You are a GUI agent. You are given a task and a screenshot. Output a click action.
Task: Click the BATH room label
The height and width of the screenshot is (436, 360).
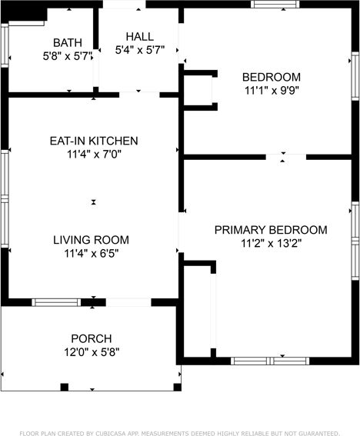[x=68, y=43]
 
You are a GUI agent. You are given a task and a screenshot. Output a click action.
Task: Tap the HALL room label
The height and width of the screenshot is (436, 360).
[x=140, y=37]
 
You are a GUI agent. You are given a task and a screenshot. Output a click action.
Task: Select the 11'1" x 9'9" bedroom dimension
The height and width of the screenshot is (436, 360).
[x=272, y=91]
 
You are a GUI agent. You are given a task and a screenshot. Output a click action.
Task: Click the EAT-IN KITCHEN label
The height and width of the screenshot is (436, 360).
[x=94, y=141]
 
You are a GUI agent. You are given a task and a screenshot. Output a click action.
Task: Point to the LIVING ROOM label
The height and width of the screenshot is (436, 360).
[x=91, y=240]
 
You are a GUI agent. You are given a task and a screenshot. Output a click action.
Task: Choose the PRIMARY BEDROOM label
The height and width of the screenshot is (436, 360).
[x=271, y=230]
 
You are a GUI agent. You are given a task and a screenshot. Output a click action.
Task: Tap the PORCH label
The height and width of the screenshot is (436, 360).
[x=92, y=338]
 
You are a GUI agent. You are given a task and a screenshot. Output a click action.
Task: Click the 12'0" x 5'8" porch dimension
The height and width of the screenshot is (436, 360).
[x=92, y=352]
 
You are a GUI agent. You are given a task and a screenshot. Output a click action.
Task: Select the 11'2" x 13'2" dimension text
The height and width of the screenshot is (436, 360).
[x=272, y=244]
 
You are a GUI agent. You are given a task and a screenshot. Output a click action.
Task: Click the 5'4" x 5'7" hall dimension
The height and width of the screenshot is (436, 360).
[x=140, y=50]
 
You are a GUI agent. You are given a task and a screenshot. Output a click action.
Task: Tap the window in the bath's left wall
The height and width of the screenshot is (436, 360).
[x=5, y=45]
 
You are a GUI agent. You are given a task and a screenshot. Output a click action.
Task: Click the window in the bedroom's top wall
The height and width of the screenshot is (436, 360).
[x=275, y=4]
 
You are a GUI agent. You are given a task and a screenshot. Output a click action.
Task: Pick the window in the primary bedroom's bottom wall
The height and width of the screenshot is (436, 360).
[x=270, y=361]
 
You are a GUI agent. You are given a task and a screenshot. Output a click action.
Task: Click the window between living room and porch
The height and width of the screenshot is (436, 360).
[x=56, y=302]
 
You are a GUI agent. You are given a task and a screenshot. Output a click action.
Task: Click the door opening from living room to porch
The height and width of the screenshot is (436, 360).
[x=128, y=302]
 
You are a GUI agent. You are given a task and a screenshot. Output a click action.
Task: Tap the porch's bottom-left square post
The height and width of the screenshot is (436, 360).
[x=65, y=387]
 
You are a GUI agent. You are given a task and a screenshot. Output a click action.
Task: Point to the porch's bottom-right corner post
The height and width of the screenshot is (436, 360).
[x=178, y=387]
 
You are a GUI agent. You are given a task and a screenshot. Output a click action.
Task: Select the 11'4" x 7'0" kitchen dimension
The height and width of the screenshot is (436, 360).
[x=94, y=155]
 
